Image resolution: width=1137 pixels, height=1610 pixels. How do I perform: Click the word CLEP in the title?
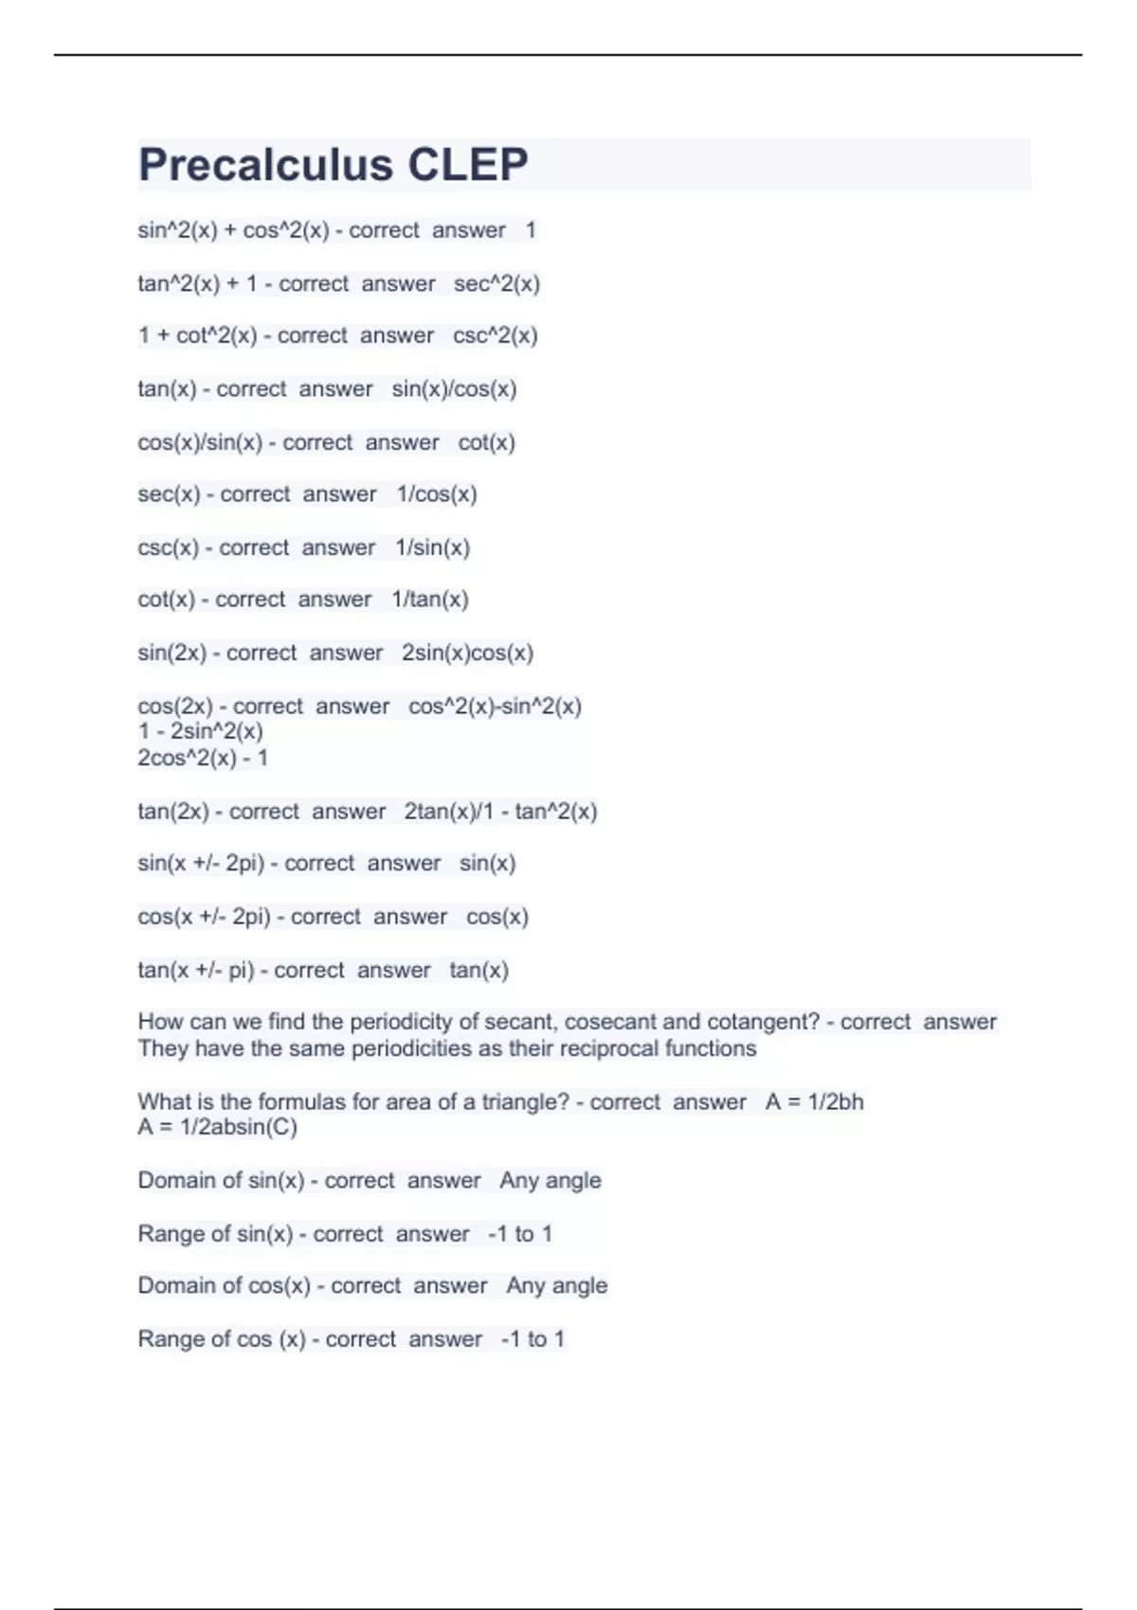(x=467, y=165)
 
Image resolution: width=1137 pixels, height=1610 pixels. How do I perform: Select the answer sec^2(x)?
(x=496, y=283)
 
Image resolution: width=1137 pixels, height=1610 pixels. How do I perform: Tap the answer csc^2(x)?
(x=495, y=335)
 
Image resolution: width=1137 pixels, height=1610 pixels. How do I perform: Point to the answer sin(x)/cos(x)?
(x=454, y=388)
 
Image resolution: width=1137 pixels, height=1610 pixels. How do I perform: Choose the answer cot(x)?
(x=486, y=442)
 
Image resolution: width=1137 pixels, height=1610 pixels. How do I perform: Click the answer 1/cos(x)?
(x=436, y=493)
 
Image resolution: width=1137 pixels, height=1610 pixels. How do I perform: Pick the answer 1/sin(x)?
(x=432, y=547)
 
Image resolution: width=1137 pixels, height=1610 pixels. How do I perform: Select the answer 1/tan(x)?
(x=430, y=599)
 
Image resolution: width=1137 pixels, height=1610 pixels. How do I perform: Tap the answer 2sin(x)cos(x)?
(x=467, y=653)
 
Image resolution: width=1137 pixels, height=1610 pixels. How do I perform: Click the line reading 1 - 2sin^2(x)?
(x=201, y=731)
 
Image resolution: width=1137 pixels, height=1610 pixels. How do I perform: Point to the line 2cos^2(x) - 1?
(x=203, y=758)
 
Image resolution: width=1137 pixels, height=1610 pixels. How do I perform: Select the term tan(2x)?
(x=171, y=812)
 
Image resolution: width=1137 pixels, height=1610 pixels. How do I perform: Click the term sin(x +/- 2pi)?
(x=201, y=864)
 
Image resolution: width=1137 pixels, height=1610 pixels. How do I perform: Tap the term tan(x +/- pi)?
(x=195, y=970)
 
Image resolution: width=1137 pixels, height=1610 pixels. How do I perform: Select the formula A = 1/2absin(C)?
(x=217, y=1127)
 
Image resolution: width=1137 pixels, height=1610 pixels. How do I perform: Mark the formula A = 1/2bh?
(x=814, y=1101)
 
